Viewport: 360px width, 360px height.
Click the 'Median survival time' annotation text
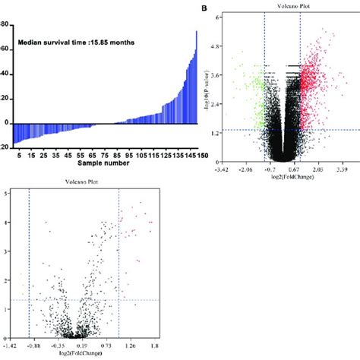point(73,43)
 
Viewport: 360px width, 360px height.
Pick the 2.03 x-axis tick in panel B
point(320,170)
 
